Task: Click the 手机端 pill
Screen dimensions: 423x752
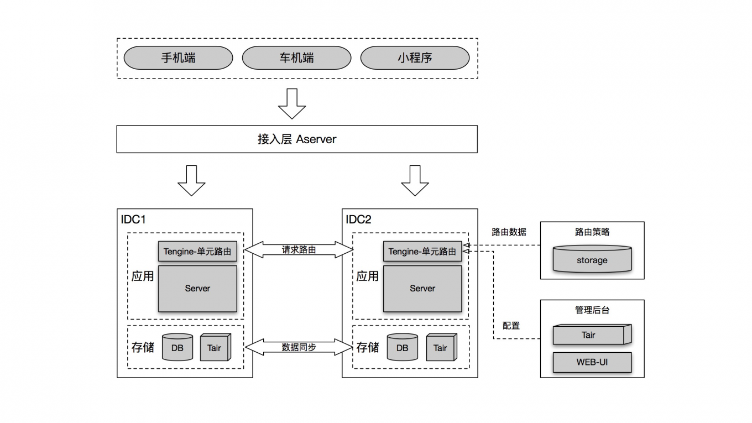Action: pos(178,58)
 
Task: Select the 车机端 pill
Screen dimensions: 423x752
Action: pos(296,58)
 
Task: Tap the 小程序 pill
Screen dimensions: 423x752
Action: pos(415,58)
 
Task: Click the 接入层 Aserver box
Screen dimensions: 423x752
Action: pos(296,139)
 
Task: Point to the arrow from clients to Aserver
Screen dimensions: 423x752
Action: pos(291,103)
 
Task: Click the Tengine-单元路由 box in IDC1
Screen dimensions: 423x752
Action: pos(197,252)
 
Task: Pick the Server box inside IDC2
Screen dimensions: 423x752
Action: pos(422,289)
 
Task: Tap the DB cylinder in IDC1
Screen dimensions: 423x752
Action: pos(177,348)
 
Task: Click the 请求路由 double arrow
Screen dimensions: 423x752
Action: pos(299,250)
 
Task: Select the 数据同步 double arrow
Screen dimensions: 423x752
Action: pos(299,347)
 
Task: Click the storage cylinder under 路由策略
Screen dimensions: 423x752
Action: pos(592,259)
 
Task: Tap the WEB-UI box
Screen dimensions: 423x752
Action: pos(592,363)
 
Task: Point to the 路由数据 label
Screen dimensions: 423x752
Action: pos(509,232)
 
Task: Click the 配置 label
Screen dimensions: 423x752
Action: pos(511,326)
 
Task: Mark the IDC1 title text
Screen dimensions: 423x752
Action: pos(133,220)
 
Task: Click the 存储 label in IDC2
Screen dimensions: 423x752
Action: pos(368,348)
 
